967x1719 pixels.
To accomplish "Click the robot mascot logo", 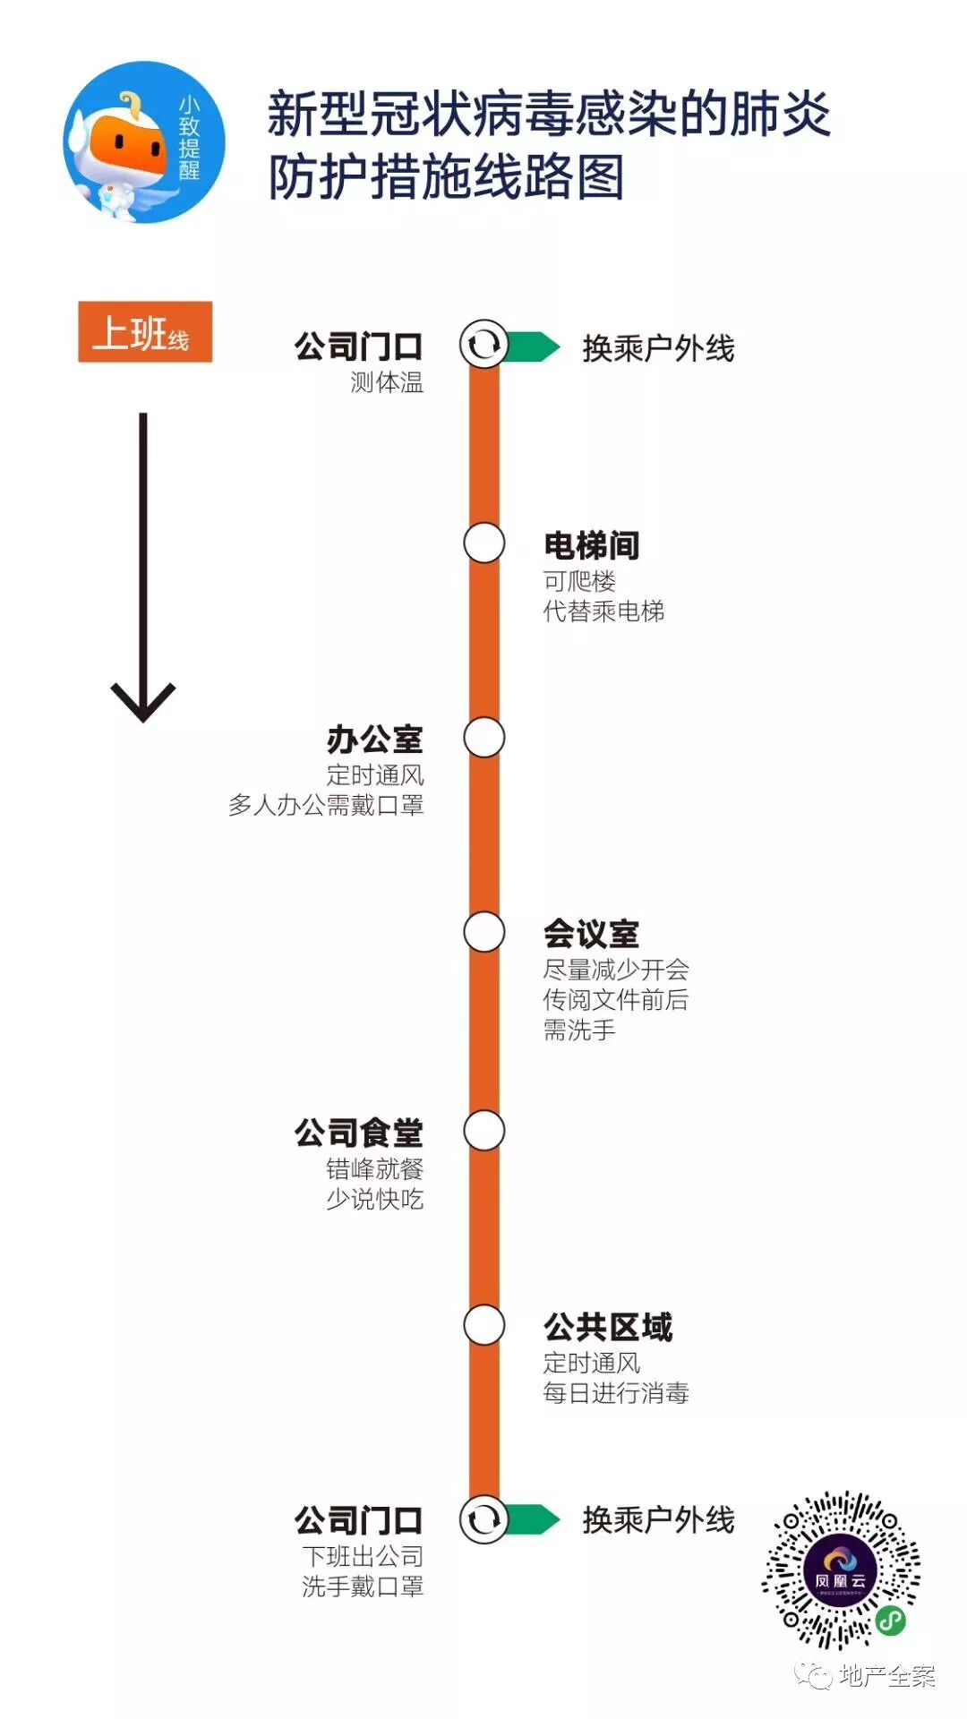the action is point(143,143).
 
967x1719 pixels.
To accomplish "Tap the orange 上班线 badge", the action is point(145,332).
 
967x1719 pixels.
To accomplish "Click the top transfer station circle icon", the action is point(483,345).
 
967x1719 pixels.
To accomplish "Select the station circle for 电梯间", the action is point(483,543).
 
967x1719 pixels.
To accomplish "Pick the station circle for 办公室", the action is point(483,737).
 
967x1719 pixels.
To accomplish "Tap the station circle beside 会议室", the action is point(483,931).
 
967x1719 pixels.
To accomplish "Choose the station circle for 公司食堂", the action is point(483,1130).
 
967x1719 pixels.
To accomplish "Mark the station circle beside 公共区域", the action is point(483,1325).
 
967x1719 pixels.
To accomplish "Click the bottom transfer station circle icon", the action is point(483,1519).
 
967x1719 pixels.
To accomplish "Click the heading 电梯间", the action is point(592,545).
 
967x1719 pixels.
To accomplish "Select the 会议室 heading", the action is point(591,934).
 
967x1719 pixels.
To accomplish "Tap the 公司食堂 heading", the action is point(359,1133).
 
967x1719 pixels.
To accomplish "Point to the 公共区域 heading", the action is point(608,1327).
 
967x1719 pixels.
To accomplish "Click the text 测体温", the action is point(387,383).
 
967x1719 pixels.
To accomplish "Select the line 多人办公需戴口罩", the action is point(326,806).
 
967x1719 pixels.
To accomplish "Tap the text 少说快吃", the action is point(375,1199).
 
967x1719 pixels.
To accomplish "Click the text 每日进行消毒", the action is point(616,1393).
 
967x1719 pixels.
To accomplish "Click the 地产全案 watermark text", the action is point(886,1676).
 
